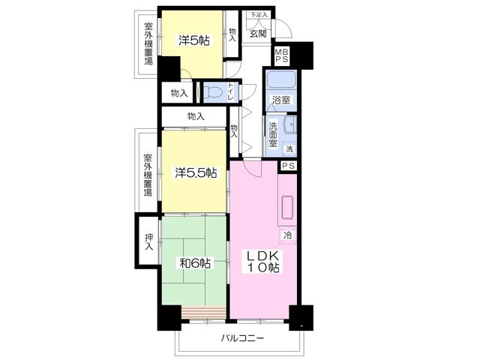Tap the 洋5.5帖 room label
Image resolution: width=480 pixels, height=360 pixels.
[x=196, y=173]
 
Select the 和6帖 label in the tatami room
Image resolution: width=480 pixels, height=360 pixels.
[x=194, y=263]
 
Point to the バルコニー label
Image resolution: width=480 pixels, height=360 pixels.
[x=241, y=339]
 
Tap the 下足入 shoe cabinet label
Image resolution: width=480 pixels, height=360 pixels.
[x=258, y=14]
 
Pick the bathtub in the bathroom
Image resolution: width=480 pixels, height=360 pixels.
[x=281, y=80]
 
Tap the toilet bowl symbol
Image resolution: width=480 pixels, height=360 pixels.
[x=212, y=93]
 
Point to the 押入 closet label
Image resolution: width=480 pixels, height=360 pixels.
[x=148, y=241]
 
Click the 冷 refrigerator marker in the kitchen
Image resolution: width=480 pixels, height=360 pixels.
[x=288, y=236]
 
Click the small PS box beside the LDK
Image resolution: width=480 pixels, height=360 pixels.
[x=289, y=166]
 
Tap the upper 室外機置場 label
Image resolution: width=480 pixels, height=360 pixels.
[x=148, y=43]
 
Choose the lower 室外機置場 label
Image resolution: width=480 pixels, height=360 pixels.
[x=148, y=175]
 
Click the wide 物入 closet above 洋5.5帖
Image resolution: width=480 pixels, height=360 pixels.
[x=195, y=116]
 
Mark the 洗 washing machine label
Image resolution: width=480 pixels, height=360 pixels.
[x=287, y=149]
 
